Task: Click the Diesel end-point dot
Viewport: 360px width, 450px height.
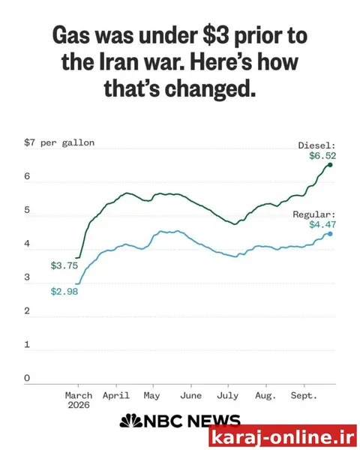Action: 330,165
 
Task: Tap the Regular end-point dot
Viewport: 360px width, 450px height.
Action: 330,234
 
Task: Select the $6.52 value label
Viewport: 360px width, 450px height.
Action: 322,156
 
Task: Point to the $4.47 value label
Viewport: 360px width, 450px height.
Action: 322,225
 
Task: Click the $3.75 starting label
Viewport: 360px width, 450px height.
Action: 64,265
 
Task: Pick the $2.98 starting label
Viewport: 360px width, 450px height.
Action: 64,292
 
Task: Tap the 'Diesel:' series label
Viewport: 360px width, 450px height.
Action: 317,145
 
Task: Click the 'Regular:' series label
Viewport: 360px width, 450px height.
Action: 314,214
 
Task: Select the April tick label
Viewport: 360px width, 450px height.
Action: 116,396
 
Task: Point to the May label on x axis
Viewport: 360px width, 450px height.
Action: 151,396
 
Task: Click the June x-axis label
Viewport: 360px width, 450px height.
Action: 191,396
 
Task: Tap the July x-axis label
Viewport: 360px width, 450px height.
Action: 228,396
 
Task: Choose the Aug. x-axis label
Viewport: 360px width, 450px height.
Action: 265,396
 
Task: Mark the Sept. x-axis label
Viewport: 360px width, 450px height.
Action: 304,396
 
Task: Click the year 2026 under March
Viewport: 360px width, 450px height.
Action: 79,405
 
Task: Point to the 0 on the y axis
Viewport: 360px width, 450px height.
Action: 27,378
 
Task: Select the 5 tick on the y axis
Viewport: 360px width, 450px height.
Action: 27,210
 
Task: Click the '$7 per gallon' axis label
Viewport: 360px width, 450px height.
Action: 59,142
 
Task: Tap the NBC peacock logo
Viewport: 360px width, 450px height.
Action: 131,421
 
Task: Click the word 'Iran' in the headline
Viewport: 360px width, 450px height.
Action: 120,62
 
